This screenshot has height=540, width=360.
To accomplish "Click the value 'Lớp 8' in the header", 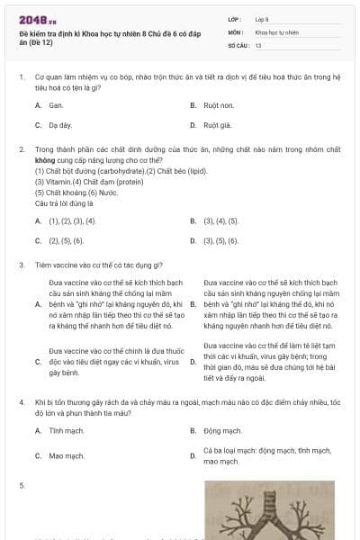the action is point(263,19).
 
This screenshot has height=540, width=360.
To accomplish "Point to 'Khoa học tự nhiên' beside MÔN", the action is point(275,31).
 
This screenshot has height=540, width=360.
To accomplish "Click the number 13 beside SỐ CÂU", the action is point(258,44).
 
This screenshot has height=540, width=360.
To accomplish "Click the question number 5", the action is point(22,486).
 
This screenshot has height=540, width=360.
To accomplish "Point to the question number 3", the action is point(22,265).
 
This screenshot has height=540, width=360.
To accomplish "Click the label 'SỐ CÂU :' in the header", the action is point(238,44).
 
